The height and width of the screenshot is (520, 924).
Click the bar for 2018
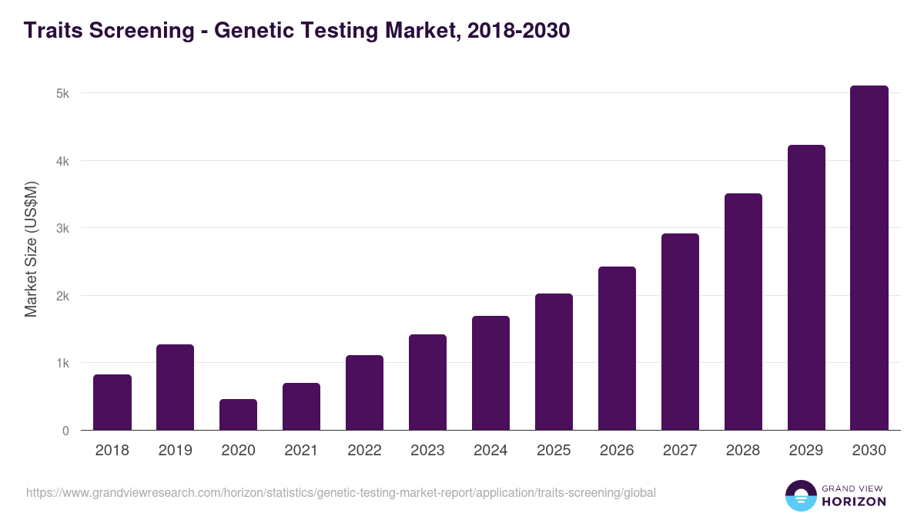pos(112,402)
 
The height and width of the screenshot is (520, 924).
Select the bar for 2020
pos(239,414)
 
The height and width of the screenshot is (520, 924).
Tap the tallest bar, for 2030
pos(869,258)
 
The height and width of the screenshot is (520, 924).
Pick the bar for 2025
pos(554,362)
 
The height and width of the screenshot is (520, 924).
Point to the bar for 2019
pos(176,387)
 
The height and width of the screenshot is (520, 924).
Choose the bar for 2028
pos(743,312)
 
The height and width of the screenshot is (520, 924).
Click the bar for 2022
pos(364,393)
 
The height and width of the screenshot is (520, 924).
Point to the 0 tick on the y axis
pos(65,431)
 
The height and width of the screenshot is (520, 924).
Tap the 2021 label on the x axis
pos(301,451)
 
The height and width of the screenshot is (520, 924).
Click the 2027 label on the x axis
pos(680,451)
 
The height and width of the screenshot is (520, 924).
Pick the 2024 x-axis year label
pos(490,451)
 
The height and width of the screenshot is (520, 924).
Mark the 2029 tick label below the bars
pos(806,451)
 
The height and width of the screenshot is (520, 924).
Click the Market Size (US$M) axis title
pos(31,250)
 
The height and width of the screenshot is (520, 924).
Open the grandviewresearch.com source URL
pos(341,492)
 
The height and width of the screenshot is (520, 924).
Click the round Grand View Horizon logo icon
pos(801,495)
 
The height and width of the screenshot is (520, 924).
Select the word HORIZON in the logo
pos(855,502)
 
